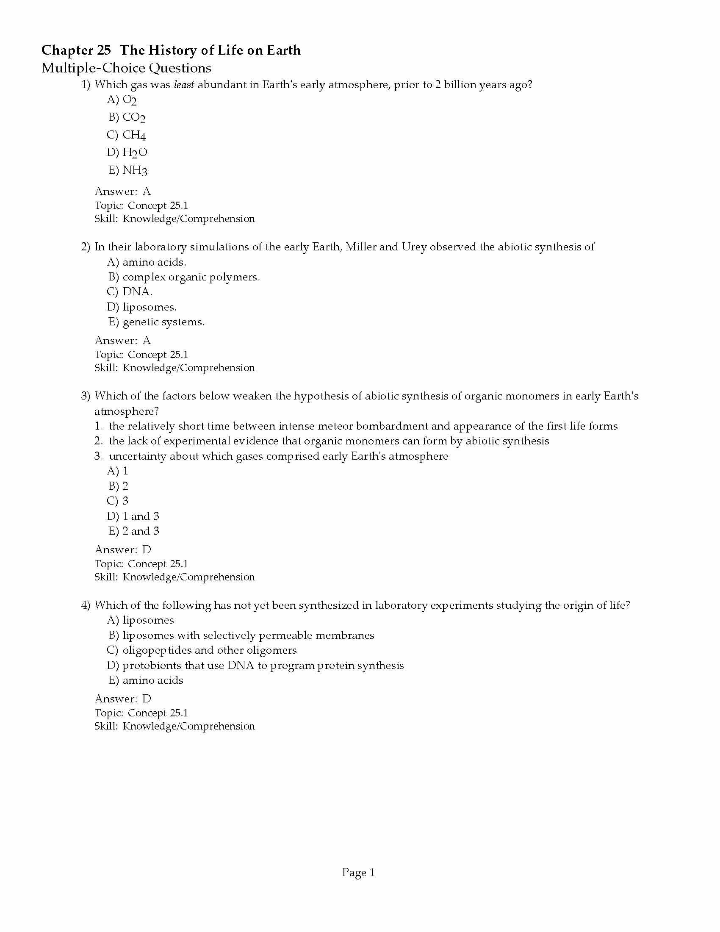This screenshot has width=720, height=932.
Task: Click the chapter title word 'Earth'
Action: click(283, 50)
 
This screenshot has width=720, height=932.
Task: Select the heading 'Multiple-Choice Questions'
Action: click(126, 68)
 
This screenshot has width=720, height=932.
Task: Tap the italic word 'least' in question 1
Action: click(184, 84)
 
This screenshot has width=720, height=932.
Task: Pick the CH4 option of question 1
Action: click(134, 135)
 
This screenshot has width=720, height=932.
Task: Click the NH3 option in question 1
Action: click(135, 171)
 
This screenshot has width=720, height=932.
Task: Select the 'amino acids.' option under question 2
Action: click(155, 262)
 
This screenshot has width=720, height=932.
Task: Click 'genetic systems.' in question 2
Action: click(163, 322)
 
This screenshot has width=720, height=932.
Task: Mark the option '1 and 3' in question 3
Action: click(141, 516)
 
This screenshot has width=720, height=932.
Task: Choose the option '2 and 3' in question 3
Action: click(141, 531)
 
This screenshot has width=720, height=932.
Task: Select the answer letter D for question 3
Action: click(147, 549)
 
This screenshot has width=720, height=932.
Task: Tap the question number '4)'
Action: click(86, 605)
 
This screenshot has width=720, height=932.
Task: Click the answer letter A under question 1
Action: click(147, 191)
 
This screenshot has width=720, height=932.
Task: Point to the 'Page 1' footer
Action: click(358, 873)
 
